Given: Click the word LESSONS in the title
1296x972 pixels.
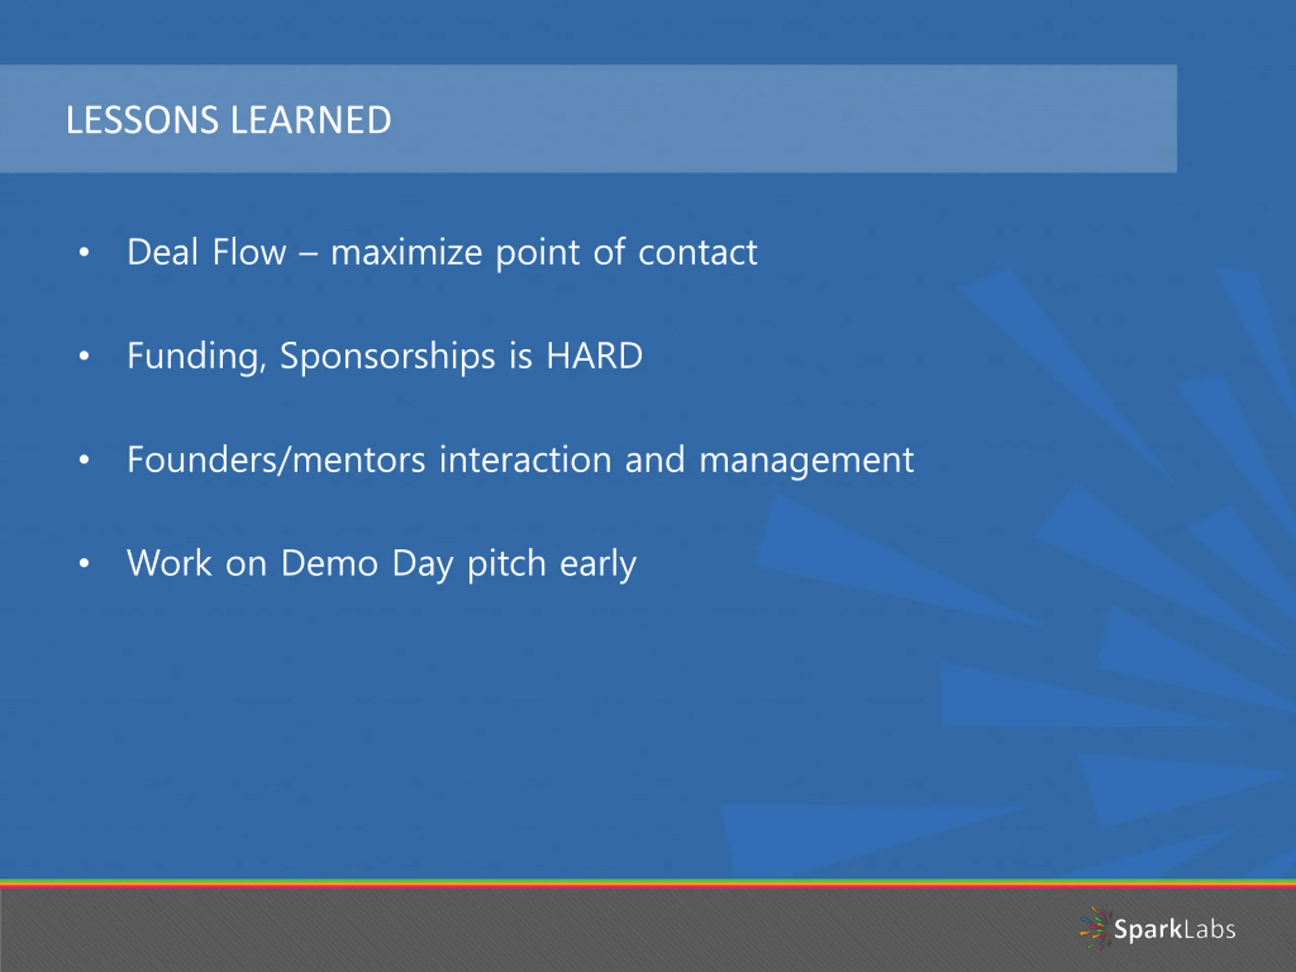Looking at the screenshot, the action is coord(142,120).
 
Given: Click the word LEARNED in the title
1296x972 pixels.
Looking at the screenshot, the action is coord(311,120).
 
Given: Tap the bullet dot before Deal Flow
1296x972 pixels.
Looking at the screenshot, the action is coord(85,253).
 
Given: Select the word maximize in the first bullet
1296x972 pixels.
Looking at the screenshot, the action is coord(407,253).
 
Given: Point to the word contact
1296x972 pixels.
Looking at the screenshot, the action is coord(697,253).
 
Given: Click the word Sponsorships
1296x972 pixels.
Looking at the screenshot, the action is coord(387,356).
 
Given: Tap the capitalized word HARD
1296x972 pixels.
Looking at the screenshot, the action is coord(594,355).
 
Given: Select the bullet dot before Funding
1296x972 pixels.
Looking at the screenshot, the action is coord(85,355).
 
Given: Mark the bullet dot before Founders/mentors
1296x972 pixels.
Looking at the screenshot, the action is coord(85,460).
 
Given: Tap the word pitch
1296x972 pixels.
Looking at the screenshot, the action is coord(507,564).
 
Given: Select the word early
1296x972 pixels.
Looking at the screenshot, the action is coord(597,564).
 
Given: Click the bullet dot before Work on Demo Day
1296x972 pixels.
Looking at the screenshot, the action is coord(85,563).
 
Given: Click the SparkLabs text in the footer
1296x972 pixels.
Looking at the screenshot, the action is coord(1174,930).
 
